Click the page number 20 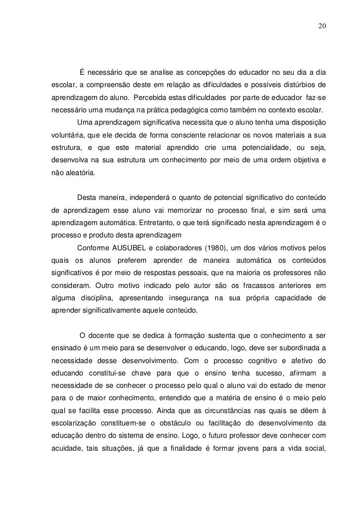pos(321,25)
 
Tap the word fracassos pos(253,286)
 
